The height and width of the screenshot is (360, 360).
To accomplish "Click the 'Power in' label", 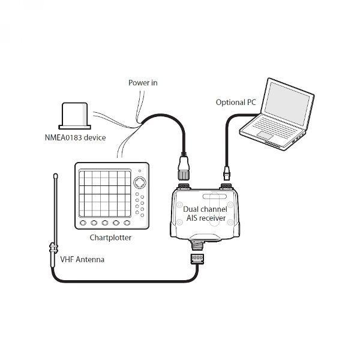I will (143, 83).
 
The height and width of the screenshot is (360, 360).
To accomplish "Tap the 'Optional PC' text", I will (236, 103).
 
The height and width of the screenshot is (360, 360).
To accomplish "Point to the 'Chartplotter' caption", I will (110, 238).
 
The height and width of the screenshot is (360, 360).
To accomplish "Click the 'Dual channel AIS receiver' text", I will (205, 214).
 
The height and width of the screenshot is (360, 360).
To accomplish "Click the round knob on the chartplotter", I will (139, 182).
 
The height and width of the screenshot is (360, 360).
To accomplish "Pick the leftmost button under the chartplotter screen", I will (83, 223).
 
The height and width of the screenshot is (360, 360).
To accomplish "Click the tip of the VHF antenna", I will (55, 175).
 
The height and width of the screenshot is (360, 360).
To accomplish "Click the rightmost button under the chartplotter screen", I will (126, 223).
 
